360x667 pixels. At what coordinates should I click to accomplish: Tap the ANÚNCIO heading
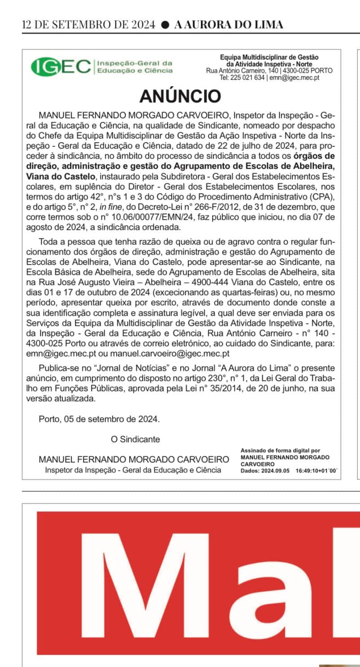pyautogui.click(x=180, y=96)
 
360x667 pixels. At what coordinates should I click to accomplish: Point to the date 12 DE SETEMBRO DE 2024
pyautogui.click(x=89, y=25)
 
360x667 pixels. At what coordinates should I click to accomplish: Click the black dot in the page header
pyautogui.click(x=165, y=25)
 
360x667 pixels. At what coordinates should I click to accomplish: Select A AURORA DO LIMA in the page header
pyautogui.click(x=229, y=25)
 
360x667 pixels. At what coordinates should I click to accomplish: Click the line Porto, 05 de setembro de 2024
pyautogui.click(x=99, y=420)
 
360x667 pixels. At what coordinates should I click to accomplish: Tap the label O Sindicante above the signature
pyautogui.click(x=135, y=439)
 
